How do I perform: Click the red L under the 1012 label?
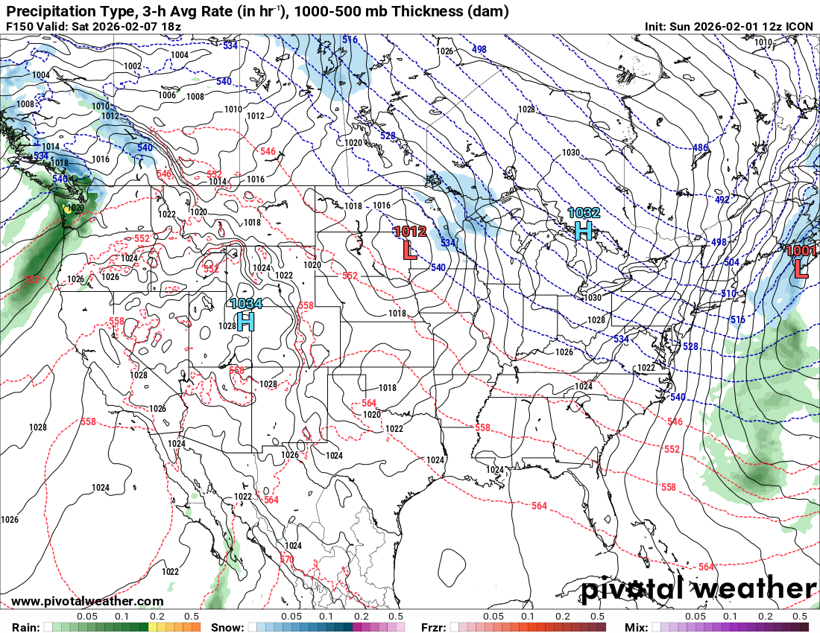point(409,249)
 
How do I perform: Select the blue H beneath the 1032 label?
point(583,230)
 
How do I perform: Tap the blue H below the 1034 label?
point(245,321)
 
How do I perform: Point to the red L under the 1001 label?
point(801,268)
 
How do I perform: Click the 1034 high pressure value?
point(245,304)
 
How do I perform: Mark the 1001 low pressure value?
point(801,251)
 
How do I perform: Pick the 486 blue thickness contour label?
point(700,147)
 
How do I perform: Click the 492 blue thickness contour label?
point(722,200)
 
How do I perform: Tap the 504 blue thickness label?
point(732,262)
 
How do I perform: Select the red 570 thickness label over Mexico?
point(287,559)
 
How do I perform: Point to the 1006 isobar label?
point(167,95)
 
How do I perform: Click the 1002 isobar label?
point(133,66)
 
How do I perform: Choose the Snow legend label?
point(227,627)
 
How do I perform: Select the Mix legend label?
point(636,627)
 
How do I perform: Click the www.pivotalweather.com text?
point(87,601)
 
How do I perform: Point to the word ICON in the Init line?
point(800,27)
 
